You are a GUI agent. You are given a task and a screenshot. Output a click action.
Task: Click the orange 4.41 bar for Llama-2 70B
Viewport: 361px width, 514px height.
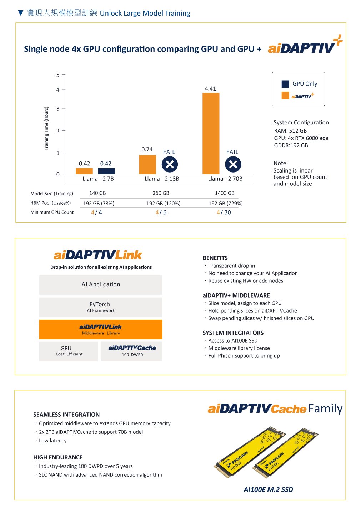pyautogui.click(x=211, y=133)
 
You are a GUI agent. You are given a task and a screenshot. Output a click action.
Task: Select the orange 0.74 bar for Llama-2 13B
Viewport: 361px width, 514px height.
pyautogui.click(x=147, y=164)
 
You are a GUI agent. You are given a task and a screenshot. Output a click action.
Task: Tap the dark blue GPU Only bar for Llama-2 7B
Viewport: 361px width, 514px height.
pyautogui.click(x=106, y=171)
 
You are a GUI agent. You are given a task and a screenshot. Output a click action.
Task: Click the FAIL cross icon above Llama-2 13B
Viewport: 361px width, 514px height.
pyautogui.click(x=170, y=164)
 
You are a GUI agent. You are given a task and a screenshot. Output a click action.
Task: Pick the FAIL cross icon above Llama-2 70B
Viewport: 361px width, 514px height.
pyautogui.click(x=233, y=164)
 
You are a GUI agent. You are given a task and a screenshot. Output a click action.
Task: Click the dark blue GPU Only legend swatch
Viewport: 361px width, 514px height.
pyautogui.click(x=285, y=84)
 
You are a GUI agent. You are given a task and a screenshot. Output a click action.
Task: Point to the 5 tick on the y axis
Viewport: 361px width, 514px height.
pyautogui.click(x=58, y=75)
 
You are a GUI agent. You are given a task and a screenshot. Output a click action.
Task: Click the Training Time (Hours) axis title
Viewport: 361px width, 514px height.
pyautogui.click(x=46, y=128)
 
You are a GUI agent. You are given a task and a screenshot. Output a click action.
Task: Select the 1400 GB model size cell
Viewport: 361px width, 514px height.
pyautogui.click(x=225, y=193)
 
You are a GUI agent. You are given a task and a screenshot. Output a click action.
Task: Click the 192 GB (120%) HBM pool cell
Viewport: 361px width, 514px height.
pyautogui.click(x=163, y=204)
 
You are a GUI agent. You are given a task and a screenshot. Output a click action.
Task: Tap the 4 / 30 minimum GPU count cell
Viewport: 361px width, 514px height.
pyautogui.click(x=224, y=212)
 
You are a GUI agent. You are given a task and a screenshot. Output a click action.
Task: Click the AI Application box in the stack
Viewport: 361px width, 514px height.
pyautogui.click(x=101, y=284)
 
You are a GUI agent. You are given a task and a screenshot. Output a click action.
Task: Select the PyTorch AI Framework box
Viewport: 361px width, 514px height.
pyautogui.click(x=101, y=307)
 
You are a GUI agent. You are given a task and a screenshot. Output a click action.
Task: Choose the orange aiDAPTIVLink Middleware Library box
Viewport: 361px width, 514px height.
pyautogui.click(x=101, y=329)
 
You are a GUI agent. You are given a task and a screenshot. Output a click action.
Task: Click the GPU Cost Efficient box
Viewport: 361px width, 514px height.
pyautogui.click(x=69, y=351)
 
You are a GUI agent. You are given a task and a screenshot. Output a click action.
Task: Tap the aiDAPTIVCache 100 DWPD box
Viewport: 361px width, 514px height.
pyautogui.click(x=132, y=351)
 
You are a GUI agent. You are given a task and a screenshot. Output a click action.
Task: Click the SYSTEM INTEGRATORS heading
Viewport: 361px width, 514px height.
pyautogui.click(x=233, y=333)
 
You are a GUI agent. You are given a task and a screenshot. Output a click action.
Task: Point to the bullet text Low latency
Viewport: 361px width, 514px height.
pyautogui.click(x=53, y=441)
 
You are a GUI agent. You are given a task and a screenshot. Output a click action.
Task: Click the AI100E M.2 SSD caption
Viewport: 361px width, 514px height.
pyautogui.click(x=268, y=489)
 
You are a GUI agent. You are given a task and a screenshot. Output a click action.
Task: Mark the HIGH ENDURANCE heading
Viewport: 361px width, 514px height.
pyautogui.click(x=58, y=457)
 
